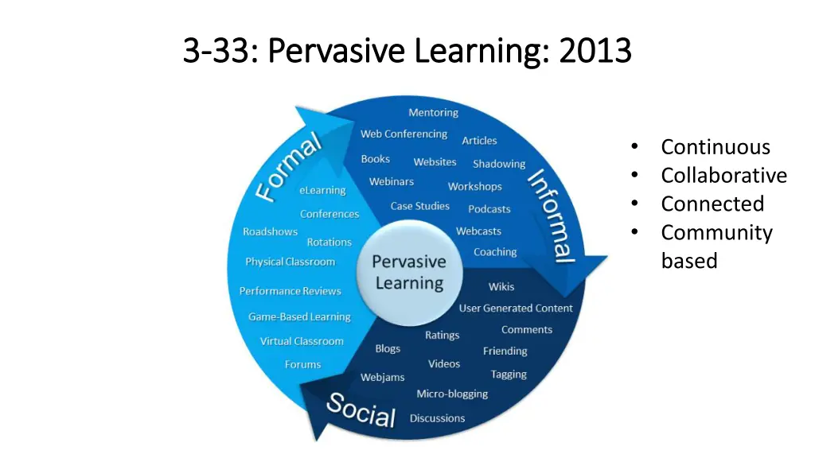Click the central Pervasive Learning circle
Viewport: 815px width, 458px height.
click(409, 273)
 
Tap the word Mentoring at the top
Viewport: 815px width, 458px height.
click(433, 112)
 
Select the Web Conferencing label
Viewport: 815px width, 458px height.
click(404, 134)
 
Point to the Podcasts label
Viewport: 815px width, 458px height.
click(489, 209)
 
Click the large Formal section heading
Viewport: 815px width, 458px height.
click(288, 168)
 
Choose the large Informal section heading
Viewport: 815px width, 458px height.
click(551, 215)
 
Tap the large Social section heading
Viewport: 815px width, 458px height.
click(361, 409)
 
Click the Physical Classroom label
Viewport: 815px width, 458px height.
click(290, 262)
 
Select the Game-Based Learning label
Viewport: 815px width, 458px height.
click(299, 316)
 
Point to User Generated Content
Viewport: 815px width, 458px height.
click(515, 308)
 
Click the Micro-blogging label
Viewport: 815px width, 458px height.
click(452, 394)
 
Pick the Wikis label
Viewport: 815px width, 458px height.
click(501, 286)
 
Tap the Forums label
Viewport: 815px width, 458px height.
click(302, 364)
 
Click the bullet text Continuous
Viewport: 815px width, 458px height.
click(715, 147)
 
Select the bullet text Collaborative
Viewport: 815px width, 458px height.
click(723, 175)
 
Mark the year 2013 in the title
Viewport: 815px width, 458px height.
click(595, 51)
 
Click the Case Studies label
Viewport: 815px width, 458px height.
click(419, 206)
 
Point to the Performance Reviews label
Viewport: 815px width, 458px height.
click(290, 291)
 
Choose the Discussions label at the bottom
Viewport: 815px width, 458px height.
click(437, 418)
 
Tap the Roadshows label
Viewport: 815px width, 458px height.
click(270, 231)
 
